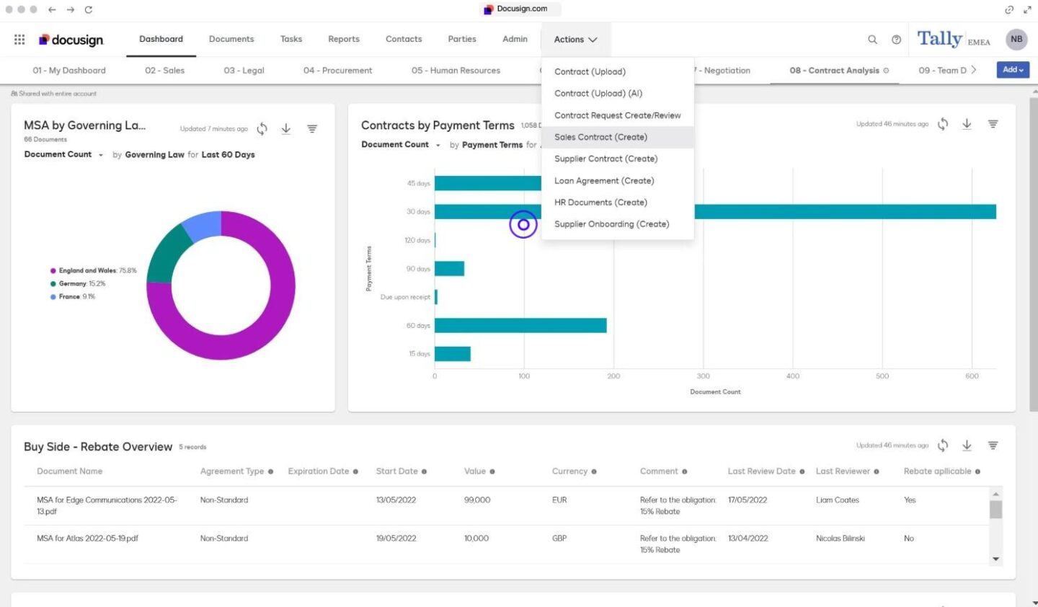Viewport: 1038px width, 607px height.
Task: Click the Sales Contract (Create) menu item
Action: point(600,137)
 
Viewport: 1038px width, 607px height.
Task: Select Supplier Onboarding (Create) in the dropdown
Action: point(611,224)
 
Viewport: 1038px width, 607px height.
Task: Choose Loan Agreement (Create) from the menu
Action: point(604,181)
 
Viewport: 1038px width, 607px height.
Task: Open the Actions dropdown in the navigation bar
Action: point(575,40)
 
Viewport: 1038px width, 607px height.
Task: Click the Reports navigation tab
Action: point(343,39)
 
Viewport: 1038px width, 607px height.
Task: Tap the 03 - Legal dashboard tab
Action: point(244,71)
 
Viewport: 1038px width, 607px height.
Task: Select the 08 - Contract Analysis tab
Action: point(834,71)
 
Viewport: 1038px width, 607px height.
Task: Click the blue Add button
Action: point(1013,70)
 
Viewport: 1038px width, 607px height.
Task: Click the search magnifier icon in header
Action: point(872,40)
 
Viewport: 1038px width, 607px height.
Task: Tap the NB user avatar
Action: point(1016,40)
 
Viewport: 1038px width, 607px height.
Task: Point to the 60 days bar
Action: point(520,326)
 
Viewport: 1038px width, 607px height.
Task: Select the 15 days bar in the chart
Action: point(453,354)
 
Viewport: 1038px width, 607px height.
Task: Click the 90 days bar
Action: point(449,269)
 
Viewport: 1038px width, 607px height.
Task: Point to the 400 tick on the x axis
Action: point(793,376)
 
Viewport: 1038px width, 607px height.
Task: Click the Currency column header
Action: point(569,471)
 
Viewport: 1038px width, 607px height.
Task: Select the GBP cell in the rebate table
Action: point(559,539)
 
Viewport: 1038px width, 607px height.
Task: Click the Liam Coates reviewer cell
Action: point(837,500)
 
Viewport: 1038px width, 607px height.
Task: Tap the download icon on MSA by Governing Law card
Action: point(286,129)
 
